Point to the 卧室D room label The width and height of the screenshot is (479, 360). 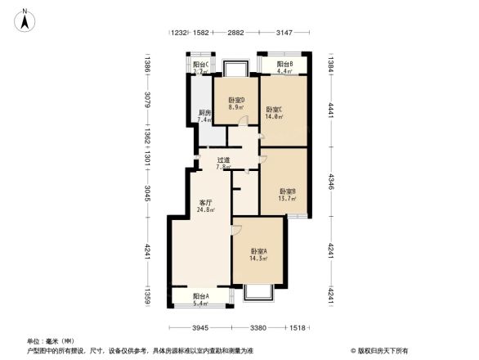(x=236, y=100)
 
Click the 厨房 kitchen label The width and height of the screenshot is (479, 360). (x=205, y=114)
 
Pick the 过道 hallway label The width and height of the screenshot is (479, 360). (x=222, y=160)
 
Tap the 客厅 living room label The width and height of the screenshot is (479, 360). (x=206, y=201)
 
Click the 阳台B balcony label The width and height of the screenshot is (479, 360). (x=285, y=64)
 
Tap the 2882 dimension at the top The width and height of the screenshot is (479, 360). (x=235, y=33)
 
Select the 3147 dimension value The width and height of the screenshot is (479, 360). (x=284, y=33)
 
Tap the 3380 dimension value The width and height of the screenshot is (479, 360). (x=259, y=328)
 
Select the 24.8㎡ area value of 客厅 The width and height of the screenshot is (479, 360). (x=206, y=209)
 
